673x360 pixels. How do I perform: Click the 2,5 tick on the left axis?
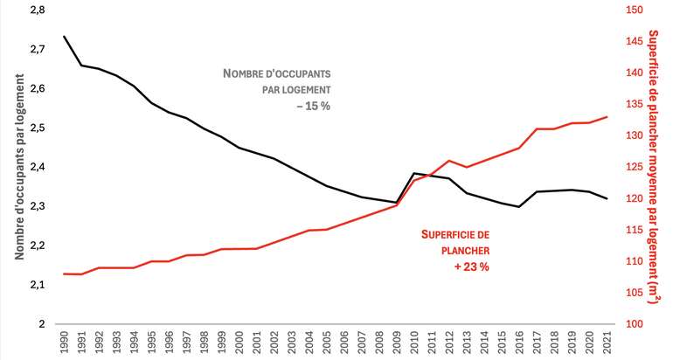point(40,128)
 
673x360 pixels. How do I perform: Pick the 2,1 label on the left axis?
point(40,285)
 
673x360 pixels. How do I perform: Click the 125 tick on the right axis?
point(633,167)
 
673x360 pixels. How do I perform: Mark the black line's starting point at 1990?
point(65,37)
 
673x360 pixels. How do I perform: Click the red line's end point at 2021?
point(606,117)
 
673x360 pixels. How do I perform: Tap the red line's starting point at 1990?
point(65,273)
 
